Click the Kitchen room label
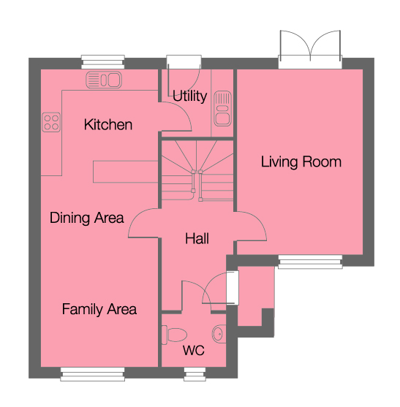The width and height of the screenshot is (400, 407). [x=108, y=125]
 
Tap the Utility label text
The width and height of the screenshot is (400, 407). [x=189, y=96]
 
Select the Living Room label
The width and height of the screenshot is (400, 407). [x=301, y=161]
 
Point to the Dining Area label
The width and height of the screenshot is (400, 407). [x=86, y=218]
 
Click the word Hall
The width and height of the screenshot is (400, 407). [x=197, y=239]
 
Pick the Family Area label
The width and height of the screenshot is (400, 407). [x=99, y=309]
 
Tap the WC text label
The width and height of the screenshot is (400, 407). [x=194, y=350]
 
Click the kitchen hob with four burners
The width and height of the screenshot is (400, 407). [x=51, y=122]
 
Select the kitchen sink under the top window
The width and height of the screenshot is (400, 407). [x=103, y=79]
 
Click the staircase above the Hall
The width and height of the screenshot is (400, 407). [x=196, y=171]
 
